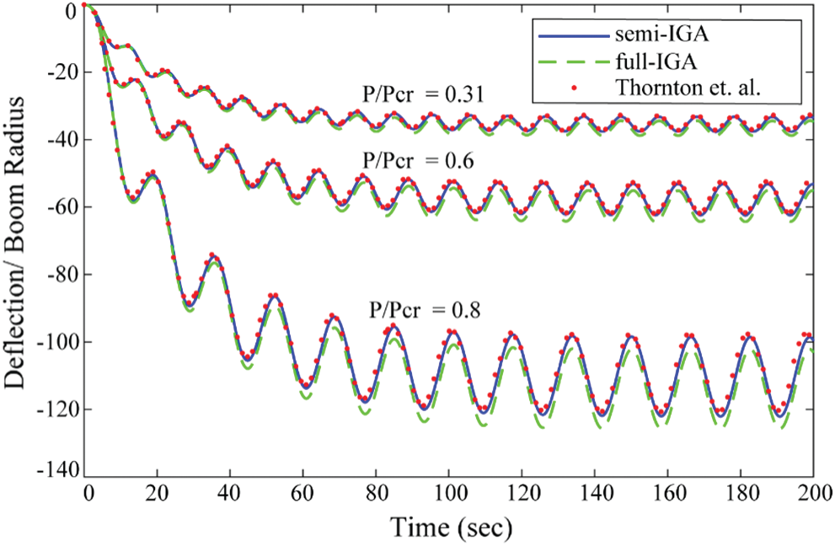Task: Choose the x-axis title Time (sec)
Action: click(450, 528)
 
